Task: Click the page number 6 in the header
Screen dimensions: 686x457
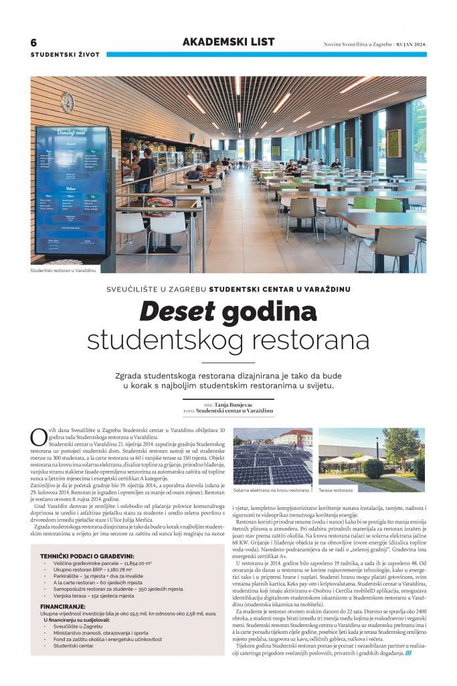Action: click(34, 42)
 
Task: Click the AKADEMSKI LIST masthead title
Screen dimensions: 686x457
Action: click(228, 42)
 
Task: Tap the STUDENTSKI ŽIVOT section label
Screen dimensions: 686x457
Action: click(65, 54)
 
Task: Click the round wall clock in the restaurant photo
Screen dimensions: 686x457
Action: click(67, 102)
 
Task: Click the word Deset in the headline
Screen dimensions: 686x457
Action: click(177, 312)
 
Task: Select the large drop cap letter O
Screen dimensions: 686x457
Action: click(39, 437)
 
